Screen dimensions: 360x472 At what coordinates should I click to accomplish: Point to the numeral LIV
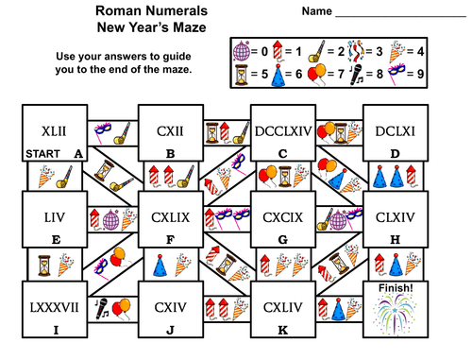(54, 218)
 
